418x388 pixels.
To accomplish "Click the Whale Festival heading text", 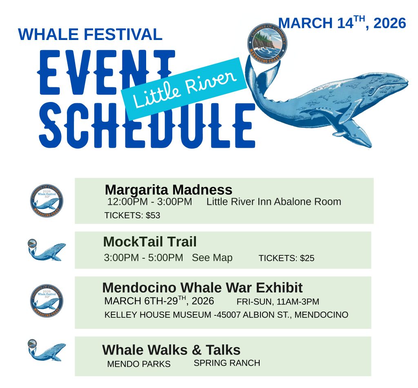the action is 90,34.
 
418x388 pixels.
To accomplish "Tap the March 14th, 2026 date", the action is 342,23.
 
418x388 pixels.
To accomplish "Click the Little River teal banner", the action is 184,89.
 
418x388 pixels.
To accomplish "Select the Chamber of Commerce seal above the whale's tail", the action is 267,43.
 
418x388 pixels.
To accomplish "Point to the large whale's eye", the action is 371,91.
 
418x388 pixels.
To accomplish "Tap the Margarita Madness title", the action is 169,190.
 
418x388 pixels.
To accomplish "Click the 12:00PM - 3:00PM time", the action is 149,202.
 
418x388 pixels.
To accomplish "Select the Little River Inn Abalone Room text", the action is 274,202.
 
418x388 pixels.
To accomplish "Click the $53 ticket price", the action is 153,215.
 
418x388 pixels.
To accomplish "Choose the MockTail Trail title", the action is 150,242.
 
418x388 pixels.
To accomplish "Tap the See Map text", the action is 212,258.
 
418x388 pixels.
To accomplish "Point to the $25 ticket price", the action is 307,258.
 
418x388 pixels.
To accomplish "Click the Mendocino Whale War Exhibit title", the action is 202,288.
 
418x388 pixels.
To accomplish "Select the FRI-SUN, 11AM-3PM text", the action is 278,302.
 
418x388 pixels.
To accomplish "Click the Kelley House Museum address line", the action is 226,315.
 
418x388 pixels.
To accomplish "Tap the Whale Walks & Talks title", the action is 171,350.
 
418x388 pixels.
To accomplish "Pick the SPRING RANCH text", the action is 227,363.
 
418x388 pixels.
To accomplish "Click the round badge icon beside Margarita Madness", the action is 47,201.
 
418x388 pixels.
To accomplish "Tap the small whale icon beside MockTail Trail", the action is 47,250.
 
